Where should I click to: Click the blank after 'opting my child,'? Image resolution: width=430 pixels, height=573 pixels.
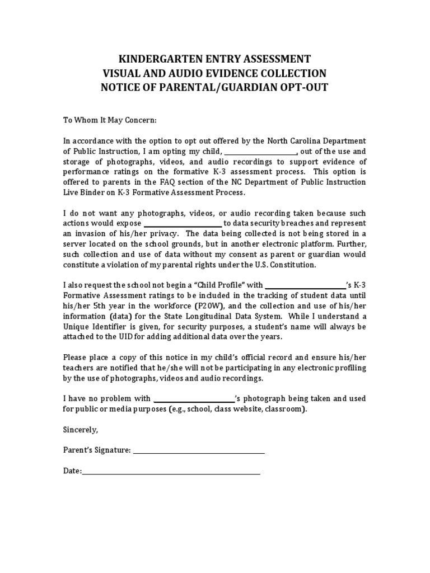point(260,151)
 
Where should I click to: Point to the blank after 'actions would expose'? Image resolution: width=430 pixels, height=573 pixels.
point(184,223)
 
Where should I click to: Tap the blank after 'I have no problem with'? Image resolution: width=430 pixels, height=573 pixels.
point(194,399)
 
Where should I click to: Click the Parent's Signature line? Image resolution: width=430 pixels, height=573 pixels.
point(199,450)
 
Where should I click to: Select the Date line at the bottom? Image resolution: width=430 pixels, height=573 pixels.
point(171,471)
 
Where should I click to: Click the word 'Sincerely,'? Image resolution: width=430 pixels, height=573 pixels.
point(80,430)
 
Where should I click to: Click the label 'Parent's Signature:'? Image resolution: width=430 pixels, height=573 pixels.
point(97,450)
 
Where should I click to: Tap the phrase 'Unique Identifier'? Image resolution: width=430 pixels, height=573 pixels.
point(95,326)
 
